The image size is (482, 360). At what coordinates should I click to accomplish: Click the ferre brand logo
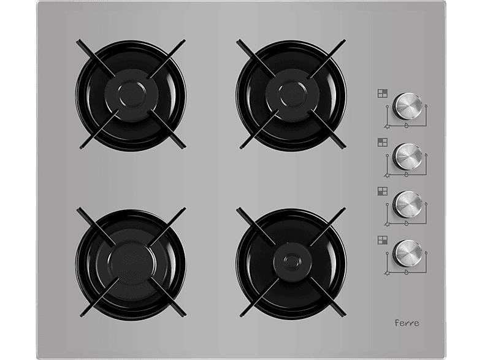[x=407, y=323]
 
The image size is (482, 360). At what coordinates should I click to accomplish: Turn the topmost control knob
[x=408, y=105]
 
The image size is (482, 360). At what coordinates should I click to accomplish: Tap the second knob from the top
[x=408, y=156]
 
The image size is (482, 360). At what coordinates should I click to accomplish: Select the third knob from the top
[x=408, y=204]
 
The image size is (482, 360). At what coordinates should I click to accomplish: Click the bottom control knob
[x=408, y=253]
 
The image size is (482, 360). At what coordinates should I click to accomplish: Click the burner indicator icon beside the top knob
[x=383, y=93]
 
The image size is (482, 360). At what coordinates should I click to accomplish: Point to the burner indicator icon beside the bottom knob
[x=383, y=240]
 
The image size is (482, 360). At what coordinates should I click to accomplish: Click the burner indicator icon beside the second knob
[x=383, y=142]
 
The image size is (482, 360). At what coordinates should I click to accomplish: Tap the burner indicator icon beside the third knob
[x=383, y=191]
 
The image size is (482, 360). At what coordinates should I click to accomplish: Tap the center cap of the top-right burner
[x=292, y=94]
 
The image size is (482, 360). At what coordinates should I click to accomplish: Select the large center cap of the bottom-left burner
[x=132, y=264]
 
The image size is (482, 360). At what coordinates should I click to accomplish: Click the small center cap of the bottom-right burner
[x=291, y=261]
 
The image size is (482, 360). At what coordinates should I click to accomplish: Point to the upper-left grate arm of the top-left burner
[x=96, y=58]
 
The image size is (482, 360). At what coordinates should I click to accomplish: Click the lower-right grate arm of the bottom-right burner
[x=327, y=297]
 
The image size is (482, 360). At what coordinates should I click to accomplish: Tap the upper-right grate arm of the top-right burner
[x=327, y=58]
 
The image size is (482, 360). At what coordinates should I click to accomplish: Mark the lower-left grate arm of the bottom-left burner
[x=99, y=297]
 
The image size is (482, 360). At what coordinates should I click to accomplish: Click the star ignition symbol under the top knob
[x=387, y=126]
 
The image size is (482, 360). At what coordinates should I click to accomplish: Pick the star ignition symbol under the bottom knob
[x=387, y=273]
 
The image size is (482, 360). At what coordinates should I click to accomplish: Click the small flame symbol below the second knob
[x=407, y=174]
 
